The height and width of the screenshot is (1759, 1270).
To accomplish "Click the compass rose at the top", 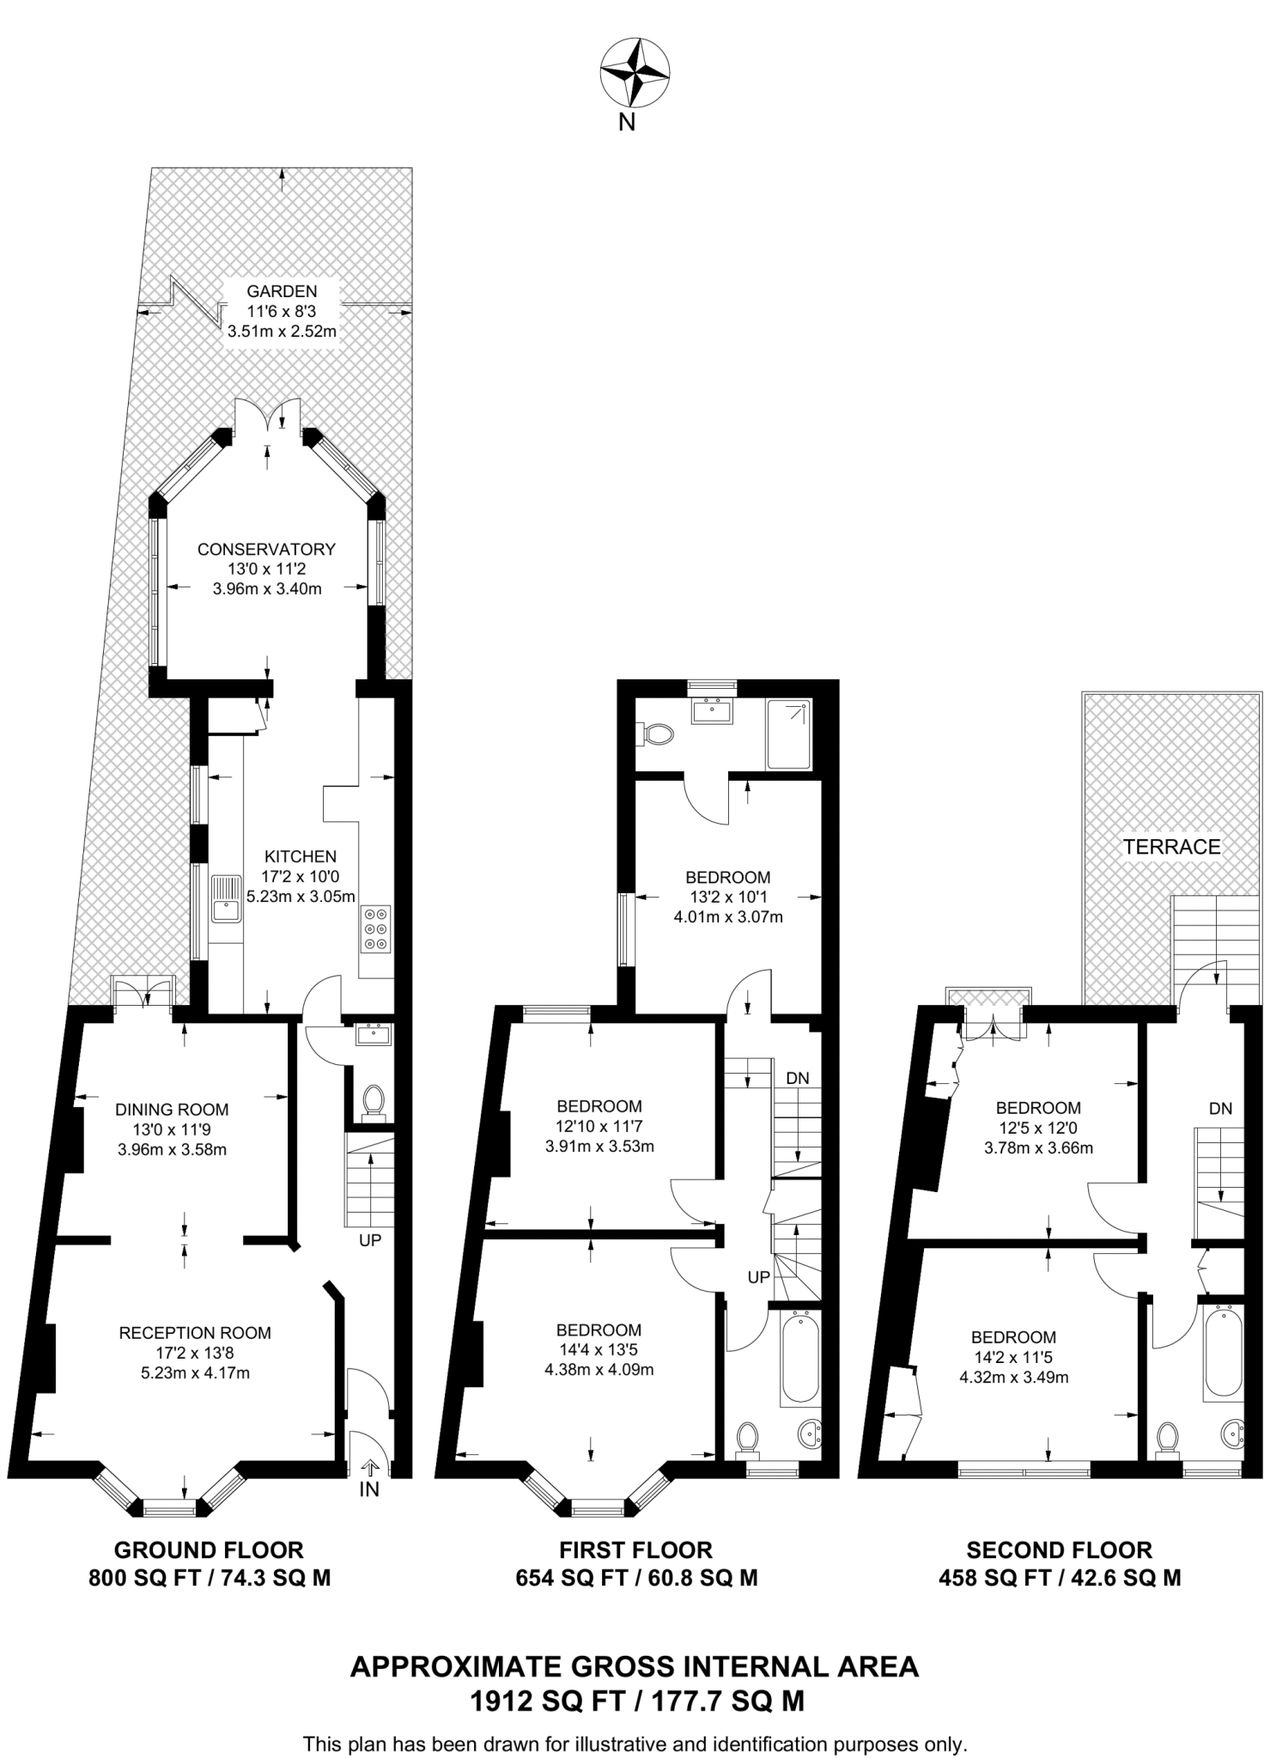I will coord(635,73).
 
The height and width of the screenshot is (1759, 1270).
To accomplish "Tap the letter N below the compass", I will coord(628,123).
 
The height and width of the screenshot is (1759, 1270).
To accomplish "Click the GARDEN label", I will coord(282,291).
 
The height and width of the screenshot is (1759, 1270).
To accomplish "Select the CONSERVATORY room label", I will coord(266,549).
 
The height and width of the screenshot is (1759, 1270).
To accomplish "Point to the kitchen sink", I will coord(227,898).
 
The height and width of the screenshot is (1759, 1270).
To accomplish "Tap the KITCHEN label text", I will coord(300,856).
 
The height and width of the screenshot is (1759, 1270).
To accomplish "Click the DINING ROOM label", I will coord(172,1110).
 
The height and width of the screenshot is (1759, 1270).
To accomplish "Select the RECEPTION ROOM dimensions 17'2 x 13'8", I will coord(195,1353).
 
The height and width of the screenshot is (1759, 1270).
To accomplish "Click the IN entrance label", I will coord(368,1489).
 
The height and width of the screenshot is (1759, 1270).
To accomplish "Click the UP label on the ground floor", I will coord(370,1240).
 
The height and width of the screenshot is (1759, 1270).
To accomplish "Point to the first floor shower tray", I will coord(788,734).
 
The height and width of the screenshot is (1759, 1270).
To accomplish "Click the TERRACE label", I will coord(1171,847).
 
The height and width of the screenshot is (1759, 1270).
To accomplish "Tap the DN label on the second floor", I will coord(1220,1108).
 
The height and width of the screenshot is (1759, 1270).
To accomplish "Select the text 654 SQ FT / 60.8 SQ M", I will coord(635,1578).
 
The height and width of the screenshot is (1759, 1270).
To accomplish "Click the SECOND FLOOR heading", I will coord(1059,1549).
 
